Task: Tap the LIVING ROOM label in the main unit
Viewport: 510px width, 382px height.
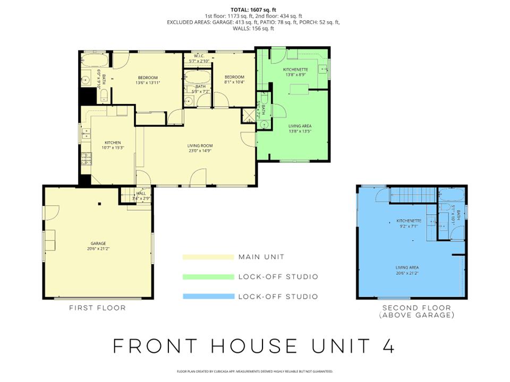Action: click(x=200, y=145)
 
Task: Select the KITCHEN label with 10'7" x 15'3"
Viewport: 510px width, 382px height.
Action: click(x=113, y=142)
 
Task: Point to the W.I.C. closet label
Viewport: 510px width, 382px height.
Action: click(x=200, y=56)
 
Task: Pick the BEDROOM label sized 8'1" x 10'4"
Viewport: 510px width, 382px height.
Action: click(x=234, y=77)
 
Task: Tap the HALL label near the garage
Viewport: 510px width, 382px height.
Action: click(x=141, y=194)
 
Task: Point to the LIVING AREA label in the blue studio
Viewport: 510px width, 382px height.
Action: click(x=408, y=268)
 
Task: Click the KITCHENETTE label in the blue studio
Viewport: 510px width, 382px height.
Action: click(x=409, y=221)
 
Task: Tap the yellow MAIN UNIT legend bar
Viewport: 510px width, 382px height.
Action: click(x=208, y=257)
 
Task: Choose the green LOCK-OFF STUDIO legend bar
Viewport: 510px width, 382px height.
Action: click(x=208, y=277)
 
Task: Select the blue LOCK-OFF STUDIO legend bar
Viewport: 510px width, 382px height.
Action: click(x=208, y=297)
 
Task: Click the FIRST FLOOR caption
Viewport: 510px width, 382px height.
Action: click(x=98, y=308)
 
